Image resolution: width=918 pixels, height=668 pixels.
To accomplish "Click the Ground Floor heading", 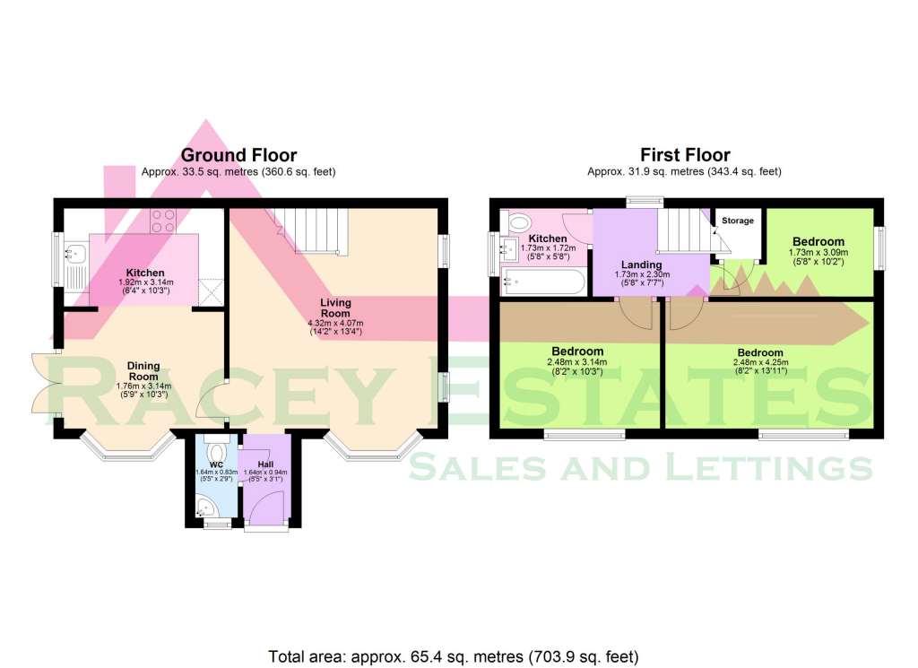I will pos(239,155).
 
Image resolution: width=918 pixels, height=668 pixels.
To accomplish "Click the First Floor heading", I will pos(685,155).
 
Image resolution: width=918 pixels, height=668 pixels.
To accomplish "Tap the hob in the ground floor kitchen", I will pos(163,221).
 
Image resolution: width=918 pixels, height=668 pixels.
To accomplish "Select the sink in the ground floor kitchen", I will pos(73,254).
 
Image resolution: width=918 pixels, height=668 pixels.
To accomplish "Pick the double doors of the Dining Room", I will pos(43,384).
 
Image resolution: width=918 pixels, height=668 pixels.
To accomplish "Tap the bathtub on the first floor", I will pos(542,282).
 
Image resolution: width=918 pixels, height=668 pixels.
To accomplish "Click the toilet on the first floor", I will pos(519,221).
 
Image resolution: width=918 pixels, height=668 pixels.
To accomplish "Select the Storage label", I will pos(738,221).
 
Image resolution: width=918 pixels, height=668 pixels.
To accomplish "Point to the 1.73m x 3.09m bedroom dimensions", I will pos(818,254).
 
